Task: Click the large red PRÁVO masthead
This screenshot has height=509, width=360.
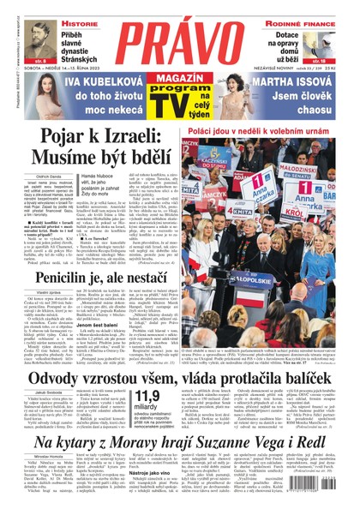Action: pos(179,39)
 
